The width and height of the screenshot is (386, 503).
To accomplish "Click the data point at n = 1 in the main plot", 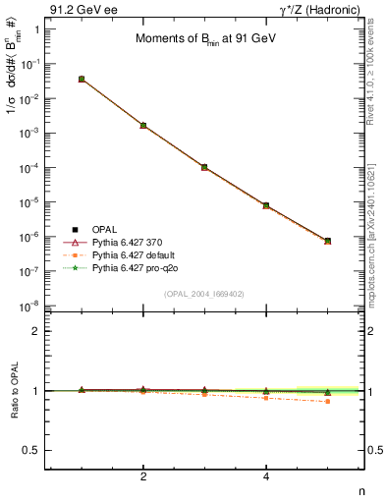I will coord(82,79).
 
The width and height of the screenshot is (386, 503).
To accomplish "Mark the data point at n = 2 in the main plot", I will coord(143,126).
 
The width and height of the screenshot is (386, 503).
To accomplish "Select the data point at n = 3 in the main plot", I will coord(204,167).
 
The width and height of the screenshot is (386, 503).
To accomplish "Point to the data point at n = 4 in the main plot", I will coord(266,205).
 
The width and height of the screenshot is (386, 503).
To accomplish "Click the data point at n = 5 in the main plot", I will coord(328,241).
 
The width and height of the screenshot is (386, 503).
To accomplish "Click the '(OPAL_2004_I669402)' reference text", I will coord(205,293).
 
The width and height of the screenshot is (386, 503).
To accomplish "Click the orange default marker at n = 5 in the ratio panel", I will coord(328,401).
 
